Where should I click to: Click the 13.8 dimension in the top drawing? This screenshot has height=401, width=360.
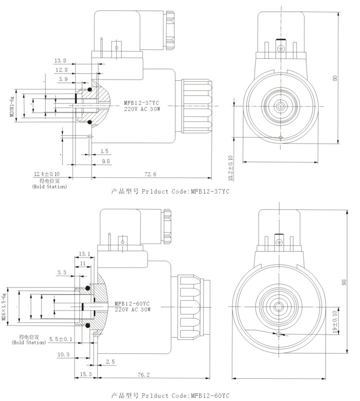coord(61,61)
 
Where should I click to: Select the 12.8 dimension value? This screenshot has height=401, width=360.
coord(62,69)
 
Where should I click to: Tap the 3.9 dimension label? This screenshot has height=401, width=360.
coord(63,79)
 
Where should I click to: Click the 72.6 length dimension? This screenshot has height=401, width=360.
coord(150,174)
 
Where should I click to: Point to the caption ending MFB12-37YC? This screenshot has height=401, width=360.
coord(170,191)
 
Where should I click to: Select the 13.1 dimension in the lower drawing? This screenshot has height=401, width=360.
coord(85,253)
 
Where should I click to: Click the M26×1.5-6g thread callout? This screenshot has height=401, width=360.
coord(5,306)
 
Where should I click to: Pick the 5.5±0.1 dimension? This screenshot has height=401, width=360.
coord(61,339)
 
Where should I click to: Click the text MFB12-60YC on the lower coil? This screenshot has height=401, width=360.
coord(133,304)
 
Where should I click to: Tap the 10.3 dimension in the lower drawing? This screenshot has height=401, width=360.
coord(63,355)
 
